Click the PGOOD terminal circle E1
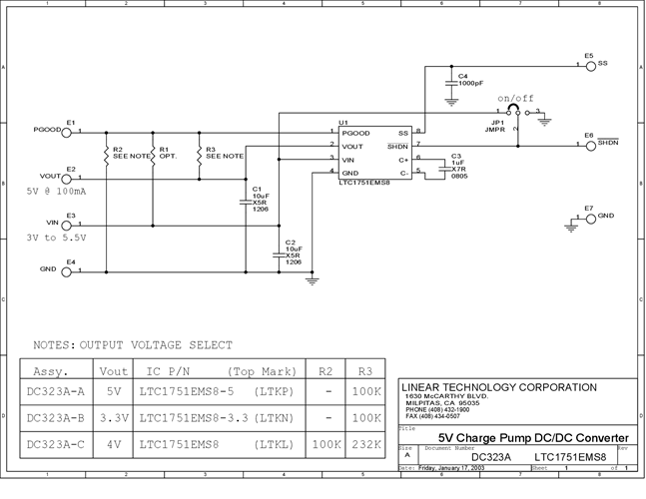[x=68, y=132]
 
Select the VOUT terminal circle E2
[x=68, y=179]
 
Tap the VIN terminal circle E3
[x=68, y=225]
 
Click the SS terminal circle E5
[x=590, y=65]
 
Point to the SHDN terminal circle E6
[x=590, y=146]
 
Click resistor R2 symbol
[x=105, y=155]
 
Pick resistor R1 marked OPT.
[x=152, y=155]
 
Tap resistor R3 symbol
[x=199, y=155]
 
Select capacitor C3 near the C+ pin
[x=445, y=166]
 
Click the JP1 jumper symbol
[x=517, y=112]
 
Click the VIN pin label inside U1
[x=348, y=159]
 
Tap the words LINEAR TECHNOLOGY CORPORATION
[x=498, y=387]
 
